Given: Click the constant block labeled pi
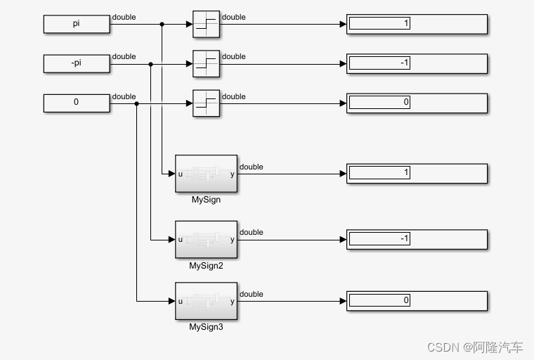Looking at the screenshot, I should click(77, 24).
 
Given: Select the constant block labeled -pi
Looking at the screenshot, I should click(77, 63).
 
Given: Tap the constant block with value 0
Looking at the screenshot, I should click(77, 103).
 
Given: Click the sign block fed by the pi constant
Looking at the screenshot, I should click(206, 24).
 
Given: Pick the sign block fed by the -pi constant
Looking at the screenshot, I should click(206, 63).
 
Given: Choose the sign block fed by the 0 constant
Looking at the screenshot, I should click(206, 103).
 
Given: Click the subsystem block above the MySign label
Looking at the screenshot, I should click(206, 173).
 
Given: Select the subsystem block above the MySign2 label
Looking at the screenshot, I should click(206, 239).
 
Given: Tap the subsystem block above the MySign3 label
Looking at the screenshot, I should click(206, 301).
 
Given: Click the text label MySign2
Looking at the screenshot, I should click(206, 266).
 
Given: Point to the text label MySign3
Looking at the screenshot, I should click(206, 327).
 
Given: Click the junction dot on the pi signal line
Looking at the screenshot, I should click(162, 24).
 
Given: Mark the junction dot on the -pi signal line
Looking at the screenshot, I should click(150, 63).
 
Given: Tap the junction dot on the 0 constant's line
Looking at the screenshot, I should click(136, 103).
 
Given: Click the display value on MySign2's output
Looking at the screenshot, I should click(379, 239).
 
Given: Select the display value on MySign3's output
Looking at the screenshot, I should click(379, 300).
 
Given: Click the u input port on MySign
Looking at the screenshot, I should click(180, 173).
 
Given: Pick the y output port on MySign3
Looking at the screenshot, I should click(233, 301).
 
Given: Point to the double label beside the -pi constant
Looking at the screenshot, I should click(124, 56).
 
